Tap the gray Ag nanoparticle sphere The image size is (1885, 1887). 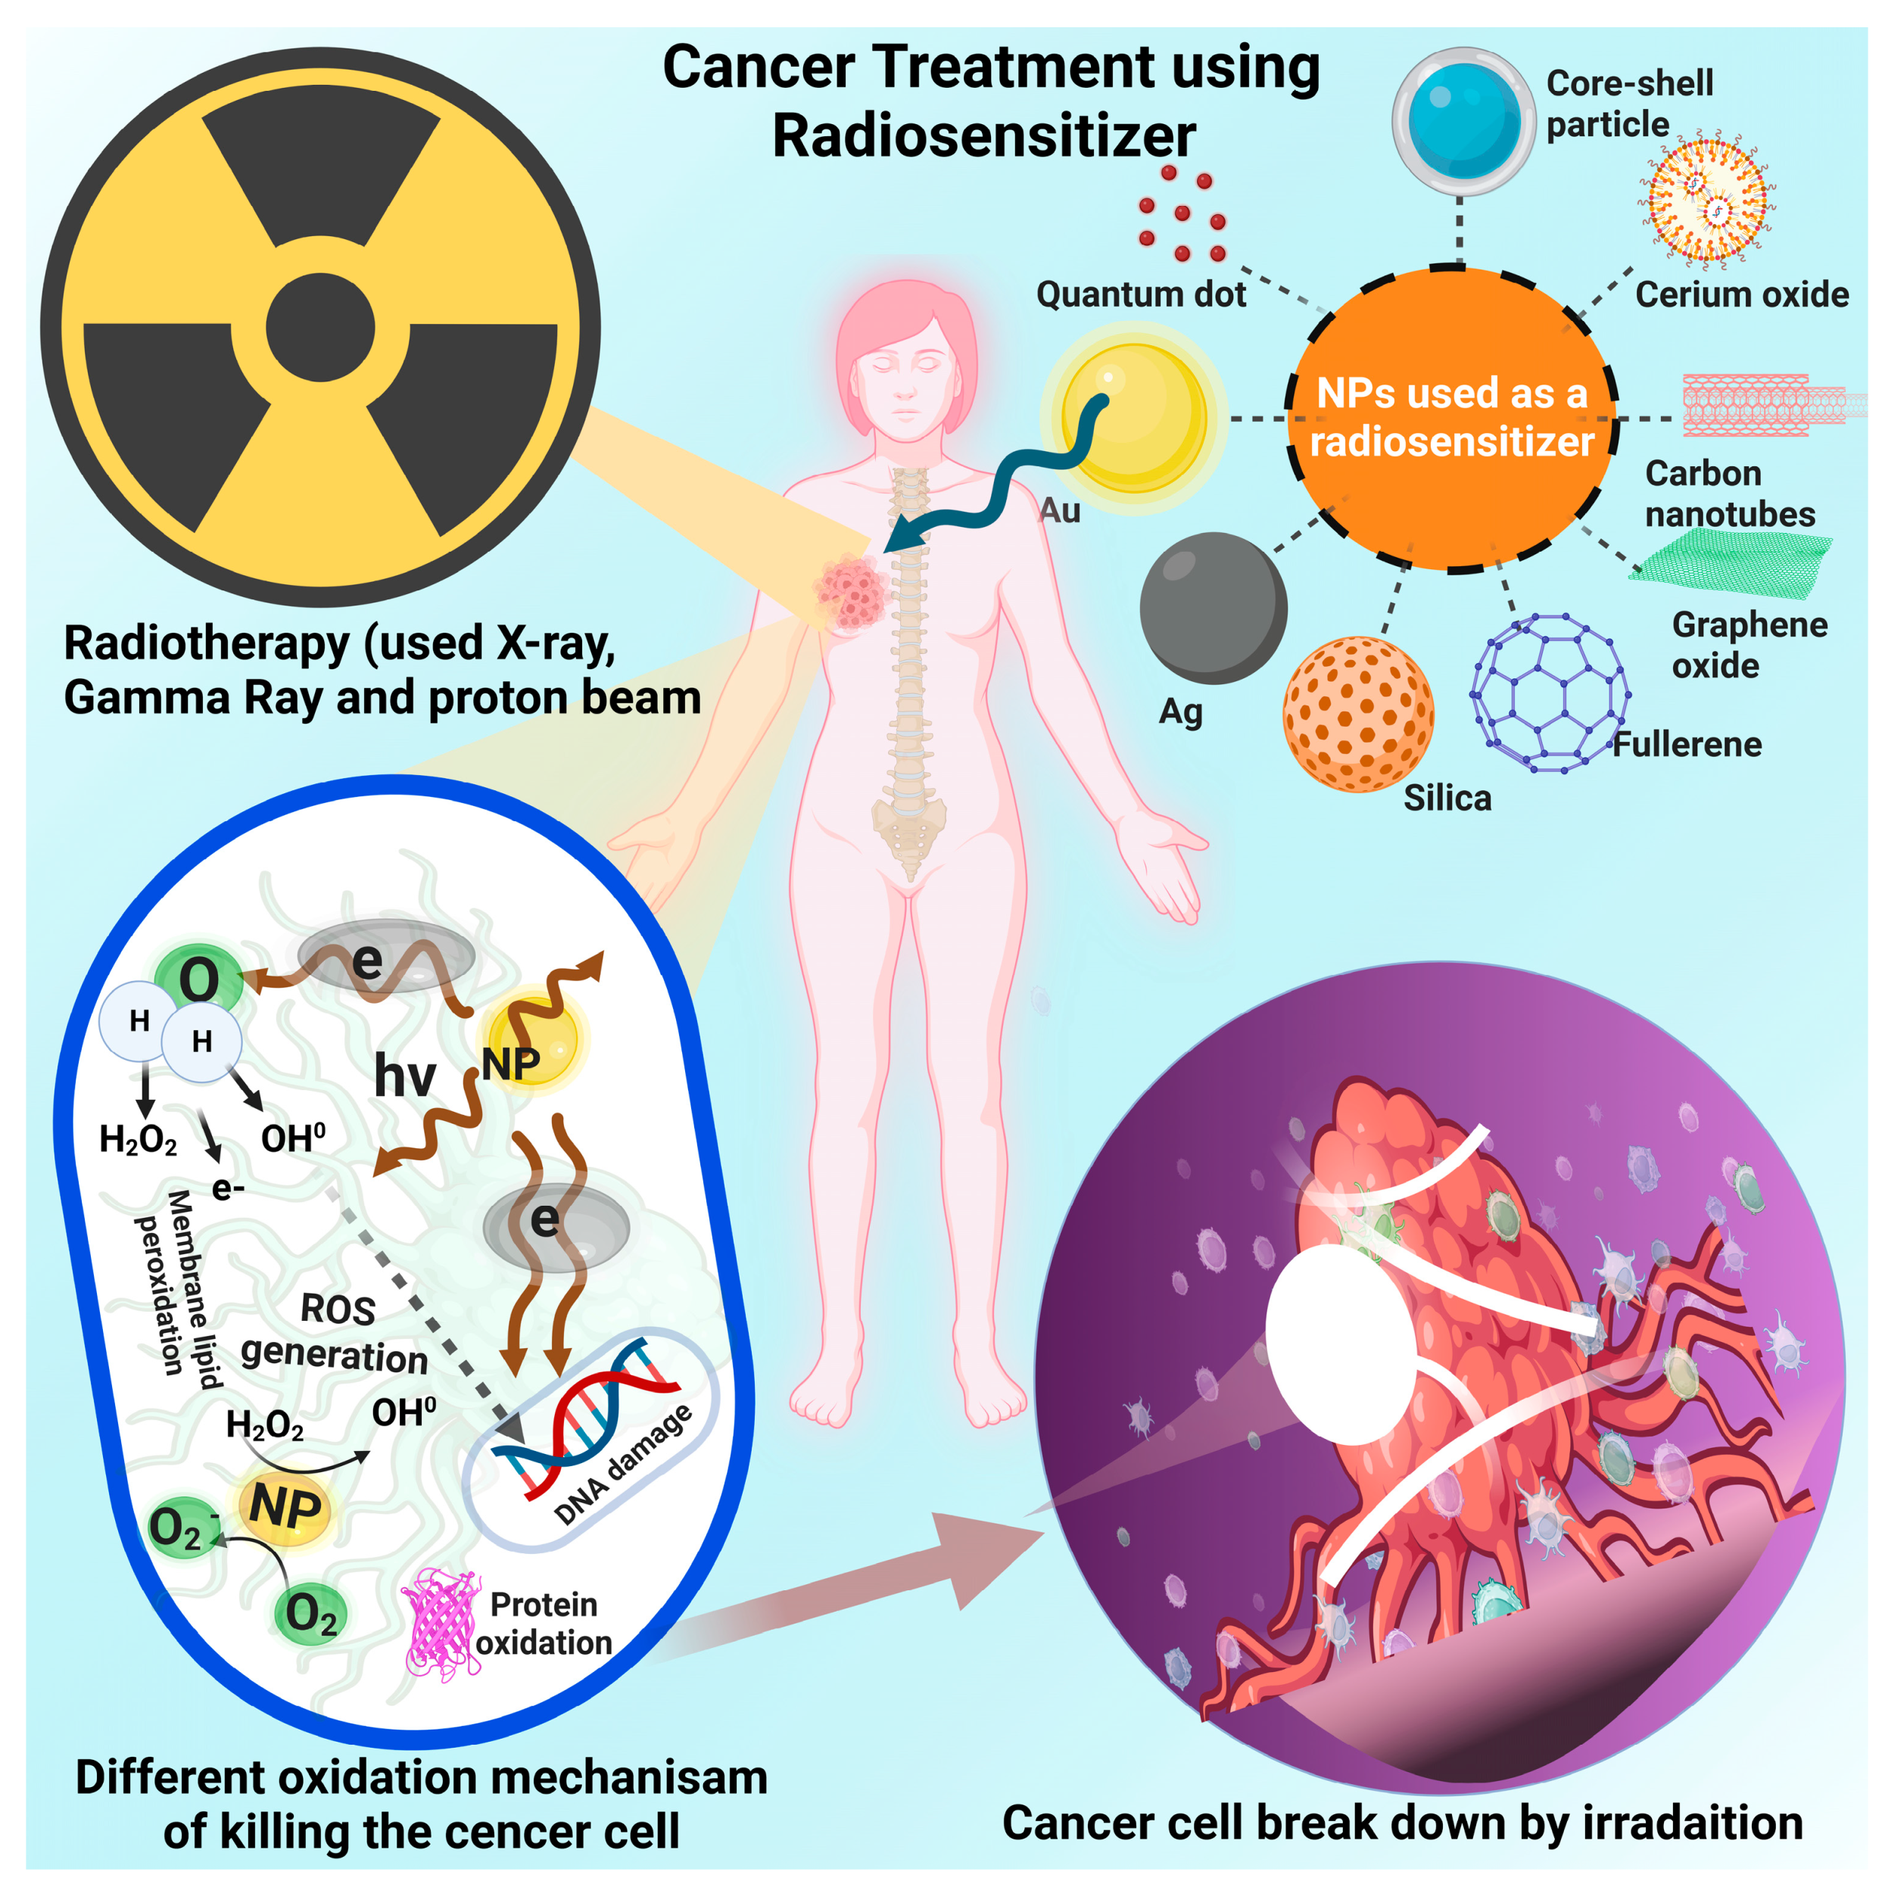click(x=1213, y=608)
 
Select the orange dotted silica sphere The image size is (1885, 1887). click(x=1357, y=714)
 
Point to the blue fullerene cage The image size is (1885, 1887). click(x=1549, y=693)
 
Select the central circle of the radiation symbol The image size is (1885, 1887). click(x=320, y=327)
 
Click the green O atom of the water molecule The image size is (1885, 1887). click(x=199, y=979)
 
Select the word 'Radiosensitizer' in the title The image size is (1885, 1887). click(x=983, y=135)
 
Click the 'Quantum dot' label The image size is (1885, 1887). click(x=1140, y=294)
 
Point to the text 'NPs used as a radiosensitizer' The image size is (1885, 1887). click(x=1451, y=417)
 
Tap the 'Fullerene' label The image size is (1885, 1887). click(x=1687, y=744)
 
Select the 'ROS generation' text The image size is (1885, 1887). click(x=335, y=1333)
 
